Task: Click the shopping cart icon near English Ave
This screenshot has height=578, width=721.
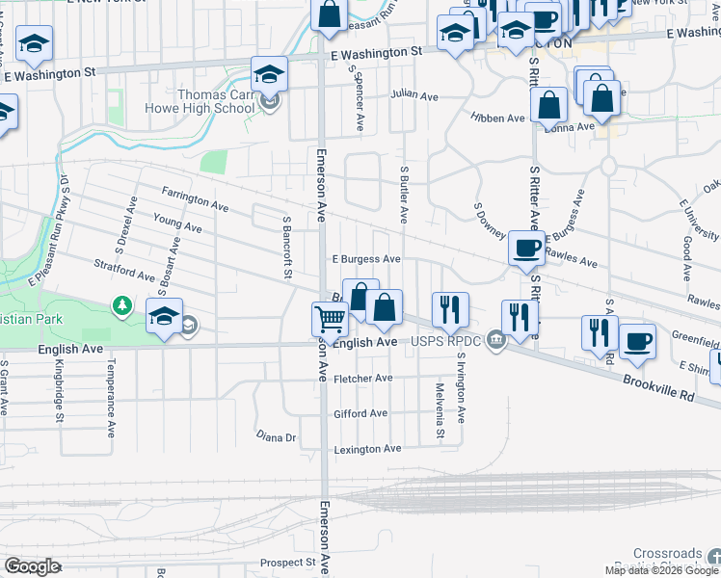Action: pyautogui.click(x=331, y=319)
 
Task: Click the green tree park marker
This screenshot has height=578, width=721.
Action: pyautogui.click(x=122, y=305)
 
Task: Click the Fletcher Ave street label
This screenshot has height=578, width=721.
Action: pyautogui.click(x=363, y=379)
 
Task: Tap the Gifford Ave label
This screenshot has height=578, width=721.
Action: pyautogui.click(x=360, y=413)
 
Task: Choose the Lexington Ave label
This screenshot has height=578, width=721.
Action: pyautogui.click(x=366, y=449)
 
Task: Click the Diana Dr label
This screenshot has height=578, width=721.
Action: pyautogui.click(x=276, y=436)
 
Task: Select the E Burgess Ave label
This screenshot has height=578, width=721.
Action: pyautogui.click(x=366, y=259)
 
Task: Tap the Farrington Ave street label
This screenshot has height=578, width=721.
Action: pyautogui.click(x=196, y=199)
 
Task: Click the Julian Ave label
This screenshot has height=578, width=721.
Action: pyautogui.click(x=414, y=95)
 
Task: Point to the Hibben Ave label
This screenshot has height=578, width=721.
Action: pyautogui.click(x=497, y=118)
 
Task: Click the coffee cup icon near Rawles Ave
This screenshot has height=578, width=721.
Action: pyautogui.click(x=525, y=248)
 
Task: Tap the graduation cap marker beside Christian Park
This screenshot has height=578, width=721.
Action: pyautogui.click(x=165, y=316)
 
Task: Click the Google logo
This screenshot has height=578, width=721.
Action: pyautogui.click(x=33, y=566)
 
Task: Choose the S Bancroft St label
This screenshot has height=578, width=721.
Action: pyautogui.click(x=286, y=248)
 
